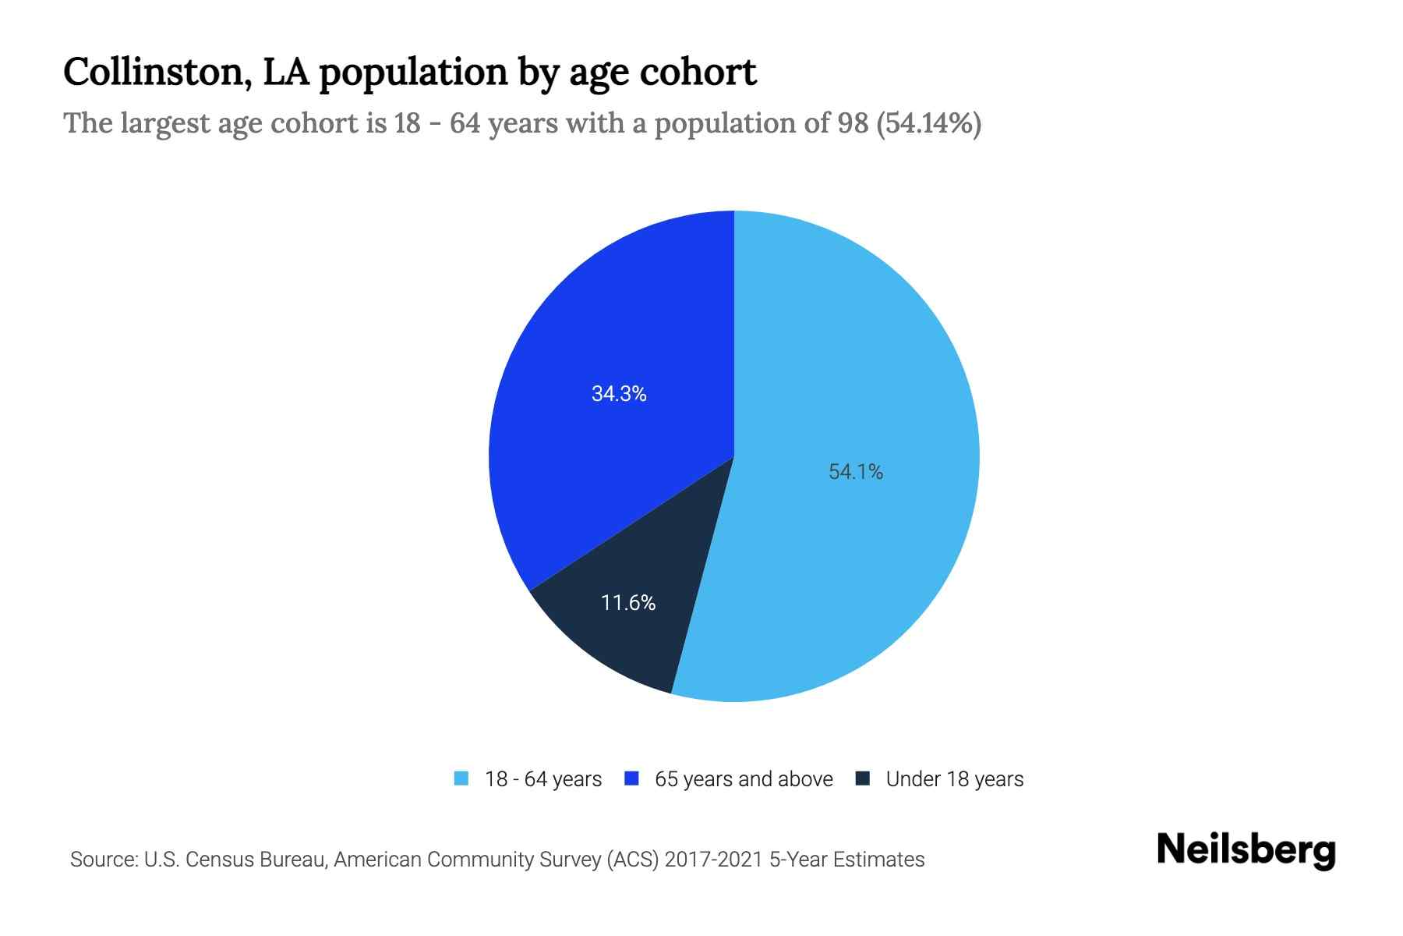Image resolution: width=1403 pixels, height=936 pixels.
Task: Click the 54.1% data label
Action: point(856,472)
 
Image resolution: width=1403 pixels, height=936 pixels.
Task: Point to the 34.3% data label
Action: point(619,394)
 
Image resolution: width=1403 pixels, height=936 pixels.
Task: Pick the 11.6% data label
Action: point(628,603)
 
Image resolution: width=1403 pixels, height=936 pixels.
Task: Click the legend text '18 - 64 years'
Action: point(543,779)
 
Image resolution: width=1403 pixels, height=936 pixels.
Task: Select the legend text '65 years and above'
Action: point(744,779)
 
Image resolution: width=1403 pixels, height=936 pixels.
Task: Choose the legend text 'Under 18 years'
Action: point(955,779)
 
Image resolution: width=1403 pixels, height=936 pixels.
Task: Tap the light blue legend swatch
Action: point(461,778)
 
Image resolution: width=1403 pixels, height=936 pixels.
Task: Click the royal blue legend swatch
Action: point(632,778)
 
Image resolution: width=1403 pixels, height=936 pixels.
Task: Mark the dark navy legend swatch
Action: point(863,778)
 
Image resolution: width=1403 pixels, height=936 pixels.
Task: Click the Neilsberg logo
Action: point(1246,850)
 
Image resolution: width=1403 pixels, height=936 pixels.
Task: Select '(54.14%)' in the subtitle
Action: point(929,123)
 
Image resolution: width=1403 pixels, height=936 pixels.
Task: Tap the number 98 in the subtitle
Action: point(853,123)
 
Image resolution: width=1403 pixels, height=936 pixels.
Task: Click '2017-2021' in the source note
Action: point(714,860)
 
